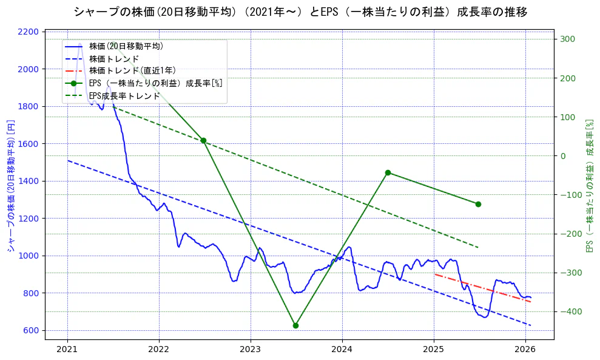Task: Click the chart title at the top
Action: point(300,12)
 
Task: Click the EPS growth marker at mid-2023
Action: point(295,325)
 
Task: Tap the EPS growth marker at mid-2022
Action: point(203,141)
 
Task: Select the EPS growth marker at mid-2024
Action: point(388,172)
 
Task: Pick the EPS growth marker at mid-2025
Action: point(478,204)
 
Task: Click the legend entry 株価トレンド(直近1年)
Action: point(132,70)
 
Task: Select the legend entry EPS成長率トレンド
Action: point(124,96)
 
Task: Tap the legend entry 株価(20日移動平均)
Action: point(126,46)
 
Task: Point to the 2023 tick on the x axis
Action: point(251,349)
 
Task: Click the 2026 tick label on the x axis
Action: point(525,349)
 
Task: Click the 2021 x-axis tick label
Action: point(67,349)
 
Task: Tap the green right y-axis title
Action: point(588,185)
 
